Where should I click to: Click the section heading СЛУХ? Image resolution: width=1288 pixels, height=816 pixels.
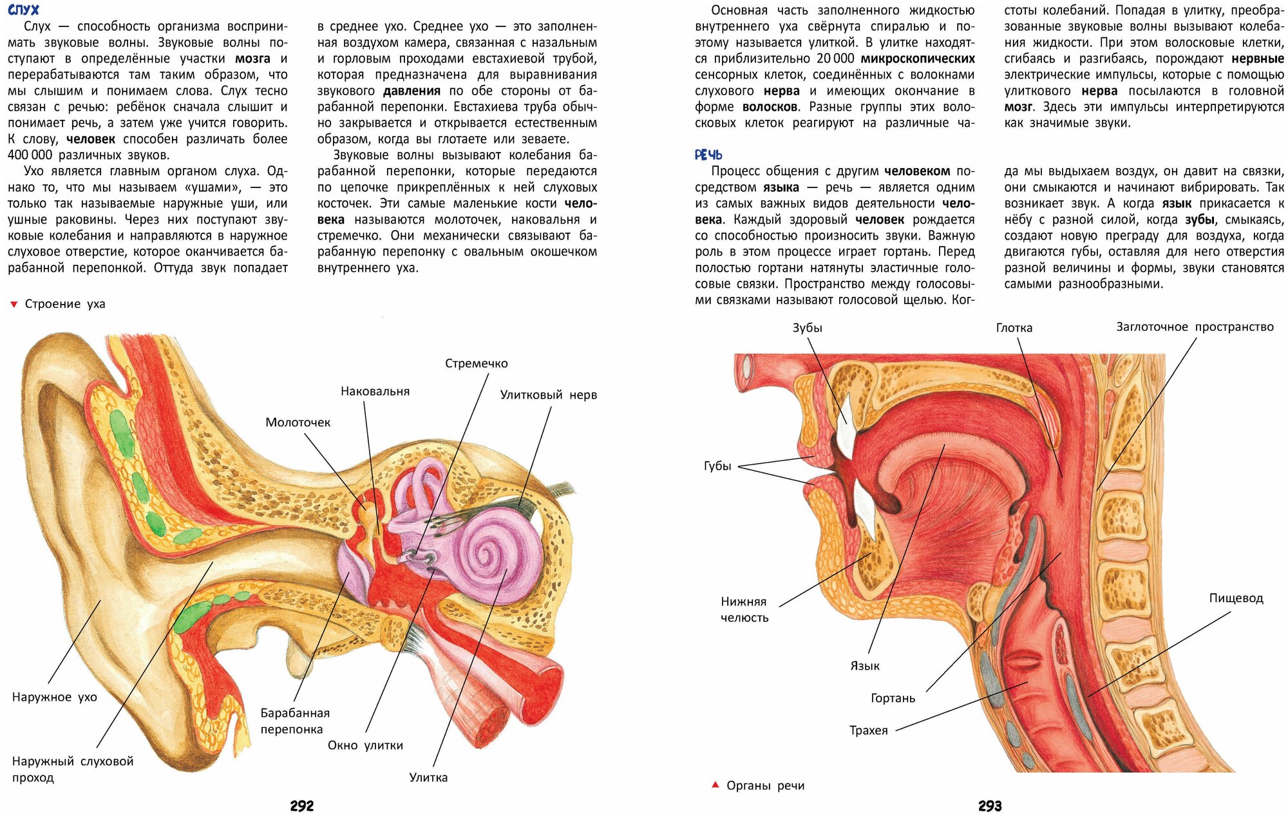coord(23,10)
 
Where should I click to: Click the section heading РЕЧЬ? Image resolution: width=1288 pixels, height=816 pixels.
coord(708,155)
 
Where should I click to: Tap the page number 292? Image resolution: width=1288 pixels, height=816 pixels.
coord(301,806)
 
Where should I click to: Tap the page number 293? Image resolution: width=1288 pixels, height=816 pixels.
coord(990,806)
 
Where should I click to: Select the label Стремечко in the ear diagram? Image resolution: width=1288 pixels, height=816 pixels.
coord(476,363)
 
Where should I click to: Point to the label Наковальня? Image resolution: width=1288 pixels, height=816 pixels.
coord(375,391)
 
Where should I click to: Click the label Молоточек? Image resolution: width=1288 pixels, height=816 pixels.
coord(298,422)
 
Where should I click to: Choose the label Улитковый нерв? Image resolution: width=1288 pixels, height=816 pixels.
coord(548,395)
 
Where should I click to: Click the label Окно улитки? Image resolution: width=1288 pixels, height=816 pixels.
coord(365,745)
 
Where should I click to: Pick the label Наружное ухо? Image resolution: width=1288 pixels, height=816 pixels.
coord(55,697)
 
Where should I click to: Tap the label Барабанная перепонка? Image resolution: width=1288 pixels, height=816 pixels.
coord(294,721)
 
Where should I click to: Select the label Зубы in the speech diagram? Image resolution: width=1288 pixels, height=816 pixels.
coord(807,327)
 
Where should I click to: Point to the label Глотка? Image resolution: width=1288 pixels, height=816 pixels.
coord(1014,327)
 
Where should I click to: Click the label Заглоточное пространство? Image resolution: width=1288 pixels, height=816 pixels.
coord(1195,327)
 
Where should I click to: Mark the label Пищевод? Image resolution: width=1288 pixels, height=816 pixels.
coord(1236,598)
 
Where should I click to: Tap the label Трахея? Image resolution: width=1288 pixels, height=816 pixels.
coord(868,730)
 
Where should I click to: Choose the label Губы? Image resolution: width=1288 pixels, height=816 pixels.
coord(717,466)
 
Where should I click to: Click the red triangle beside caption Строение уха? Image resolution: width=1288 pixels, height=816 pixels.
coord(14,304)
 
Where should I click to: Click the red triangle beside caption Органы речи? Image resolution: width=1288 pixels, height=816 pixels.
coord(715,784)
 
